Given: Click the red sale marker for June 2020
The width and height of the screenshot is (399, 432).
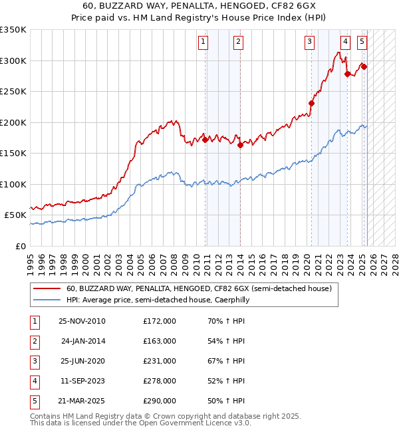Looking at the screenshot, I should (x=311, y=103).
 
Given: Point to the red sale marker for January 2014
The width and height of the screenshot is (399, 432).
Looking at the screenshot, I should (x=240, y=146).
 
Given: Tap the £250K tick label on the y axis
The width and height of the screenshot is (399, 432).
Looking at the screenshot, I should (x=13, y=92).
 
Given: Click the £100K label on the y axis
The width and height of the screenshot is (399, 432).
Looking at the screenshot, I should (x=13, y=184).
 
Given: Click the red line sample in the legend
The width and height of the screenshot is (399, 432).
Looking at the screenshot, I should (x=47, y=288).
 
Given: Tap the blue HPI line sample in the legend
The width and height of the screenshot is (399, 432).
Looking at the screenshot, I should (x=47, y=300).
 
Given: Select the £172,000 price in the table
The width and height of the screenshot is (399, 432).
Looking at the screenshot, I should (x=160, y=321).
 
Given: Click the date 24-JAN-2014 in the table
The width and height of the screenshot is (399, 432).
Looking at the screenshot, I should (x=82, y=341).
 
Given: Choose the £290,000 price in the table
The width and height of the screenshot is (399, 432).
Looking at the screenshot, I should (x=160, y=401).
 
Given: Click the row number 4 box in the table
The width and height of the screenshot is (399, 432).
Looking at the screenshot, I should (x=34, y=381).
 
